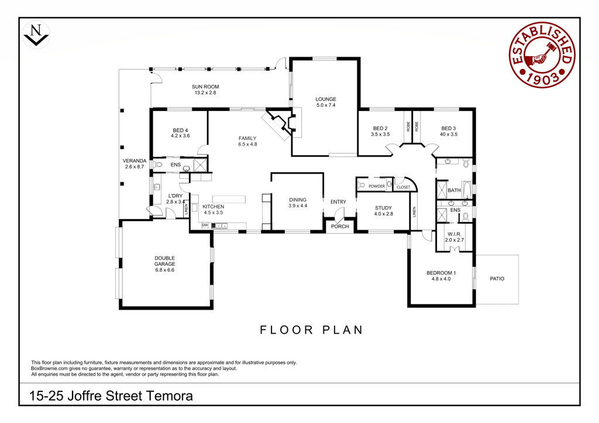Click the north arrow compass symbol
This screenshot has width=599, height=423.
tap(36, 34)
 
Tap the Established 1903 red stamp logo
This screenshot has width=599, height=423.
tap(542, 54)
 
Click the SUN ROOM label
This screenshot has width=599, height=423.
tap(205, 86)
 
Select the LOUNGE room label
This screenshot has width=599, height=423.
tap(326, 99)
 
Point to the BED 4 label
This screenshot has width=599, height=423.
tap(180, 130)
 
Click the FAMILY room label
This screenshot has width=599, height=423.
tap(247, 138)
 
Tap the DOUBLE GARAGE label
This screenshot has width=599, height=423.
tap(164, 261)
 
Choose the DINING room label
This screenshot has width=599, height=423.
tap(298, 199)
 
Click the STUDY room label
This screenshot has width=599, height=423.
tap(384, 208)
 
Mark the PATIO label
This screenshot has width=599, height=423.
tap(497, 279)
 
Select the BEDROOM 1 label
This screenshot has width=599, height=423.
tap(441, 273)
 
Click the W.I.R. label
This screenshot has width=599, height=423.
tap(454, 234)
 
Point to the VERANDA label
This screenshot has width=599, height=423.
tap(135, 161)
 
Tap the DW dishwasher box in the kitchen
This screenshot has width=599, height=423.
tap(205, 225)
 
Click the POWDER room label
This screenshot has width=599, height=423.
tap(377, 186)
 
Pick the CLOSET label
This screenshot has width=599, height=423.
tap(404, 188)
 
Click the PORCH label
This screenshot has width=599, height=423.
tap(340, 226)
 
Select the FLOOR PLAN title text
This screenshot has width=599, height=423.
tap(311, 330)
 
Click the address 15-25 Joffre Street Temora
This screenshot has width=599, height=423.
tap(111, 396)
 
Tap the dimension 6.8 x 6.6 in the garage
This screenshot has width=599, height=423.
tap(164, 270)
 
